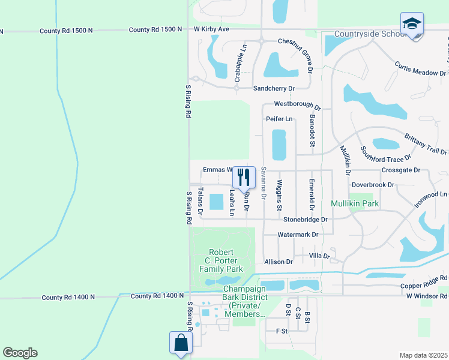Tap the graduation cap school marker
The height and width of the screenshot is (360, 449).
tap(412, 25)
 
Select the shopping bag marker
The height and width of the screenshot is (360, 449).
tap(181, 344)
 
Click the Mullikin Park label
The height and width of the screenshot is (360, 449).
tap(355, 204)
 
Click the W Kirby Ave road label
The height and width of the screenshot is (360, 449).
tap(211, 29)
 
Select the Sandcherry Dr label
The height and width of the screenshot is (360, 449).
tap(274, 88)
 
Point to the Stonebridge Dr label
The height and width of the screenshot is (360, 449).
tap(306, 220)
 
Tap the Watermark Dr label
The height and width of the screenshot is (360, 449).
tap(298, 235)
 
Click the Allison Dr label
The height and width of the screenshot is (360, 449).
tap(279, 262)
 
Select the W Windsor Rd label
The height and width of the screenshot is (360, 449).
tap(427, 296)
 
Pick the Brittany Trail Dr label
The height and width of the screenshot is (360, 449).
tap(426, 145)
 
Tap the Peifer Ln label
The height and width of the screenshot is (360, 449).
tap(279, 119)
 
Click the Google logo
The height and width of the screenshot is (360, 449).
tap(20, 353)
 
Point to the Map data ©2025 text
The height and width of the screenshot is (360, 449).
tap(423, 355)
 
